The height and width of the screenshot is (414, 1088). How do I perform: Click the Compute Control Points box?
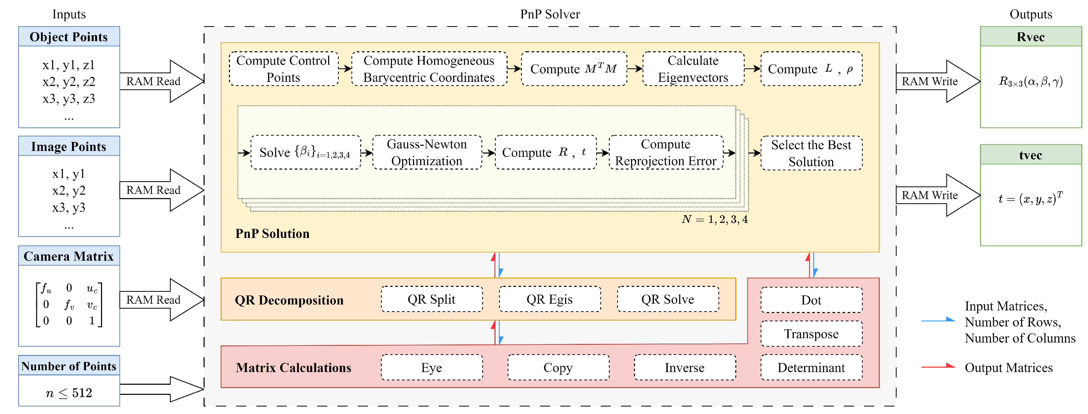(283, 69)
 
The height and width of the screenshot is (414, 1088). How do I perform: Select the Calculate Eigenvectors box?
(693, 69)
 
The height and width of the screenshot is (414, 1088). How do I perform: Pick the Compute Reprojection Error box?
(666, 152)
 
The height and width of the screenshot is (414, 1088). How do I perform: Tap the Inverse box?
(685, 368)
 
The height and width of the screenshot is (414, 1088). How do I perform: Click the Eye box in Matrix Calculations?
(431, 368)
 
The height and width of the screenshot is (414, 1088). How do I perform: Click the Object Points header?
(69, 37)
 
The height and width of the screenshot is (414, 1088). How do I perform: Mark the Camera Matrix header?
(69, 256)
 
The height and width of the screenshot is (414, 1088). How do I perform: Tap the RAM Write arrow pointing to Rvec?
(938, 81)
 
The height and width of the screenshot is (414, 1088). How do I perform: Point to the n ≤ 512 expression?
(69, 393)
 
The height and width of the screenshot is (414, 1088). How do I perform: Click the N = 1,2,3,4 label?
(714, 219)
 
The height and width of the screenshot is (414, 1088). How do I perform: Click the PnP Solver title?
(550, 14)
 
